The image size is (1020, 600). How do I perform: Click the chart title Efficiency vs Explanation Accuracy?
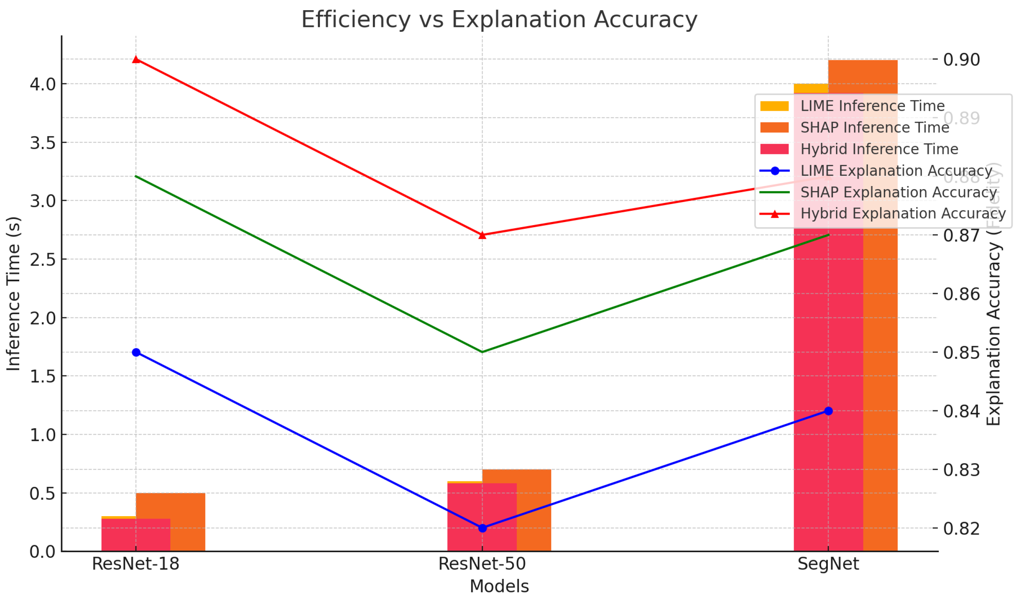click(499, 20)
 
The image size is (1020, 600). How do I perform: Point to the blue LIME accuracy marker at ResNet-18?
click(136, 352)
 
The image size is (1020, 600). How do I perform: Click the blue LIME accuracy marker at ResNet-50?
click(482, 528)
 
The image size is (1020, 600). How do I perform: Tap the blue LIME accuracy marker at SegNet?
click(828, 411)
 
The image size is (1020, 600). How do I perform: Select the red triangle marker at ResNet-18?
click(136, 60)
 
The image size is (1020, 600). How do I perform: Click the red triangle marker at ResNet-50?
click(482, 235)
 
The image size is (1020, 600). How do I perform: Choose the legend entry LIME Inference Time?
click(872, 106)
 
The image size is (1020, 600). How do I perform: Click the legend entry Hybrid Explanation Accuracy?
click(903, 213)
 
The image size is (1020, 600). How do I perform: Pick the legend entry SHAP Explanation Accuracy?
click(898, 192)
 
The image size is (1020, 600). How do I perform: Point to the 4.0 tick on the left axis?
click(43, 84)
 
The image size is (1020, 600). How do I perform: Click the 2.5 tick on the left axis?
click(43, 260)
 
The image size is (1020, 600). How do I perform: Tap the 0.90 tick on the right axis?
click(961, 60)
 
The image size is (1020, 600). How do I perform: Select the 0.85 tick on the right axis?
click(961, 352)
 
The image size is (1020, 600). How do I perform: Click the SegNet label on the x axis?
click(828, 564)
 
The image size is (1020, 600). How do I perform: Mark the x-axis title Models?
click(499, 586)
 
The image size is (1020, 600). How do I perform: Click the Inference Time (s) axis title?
click(13, 293)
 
